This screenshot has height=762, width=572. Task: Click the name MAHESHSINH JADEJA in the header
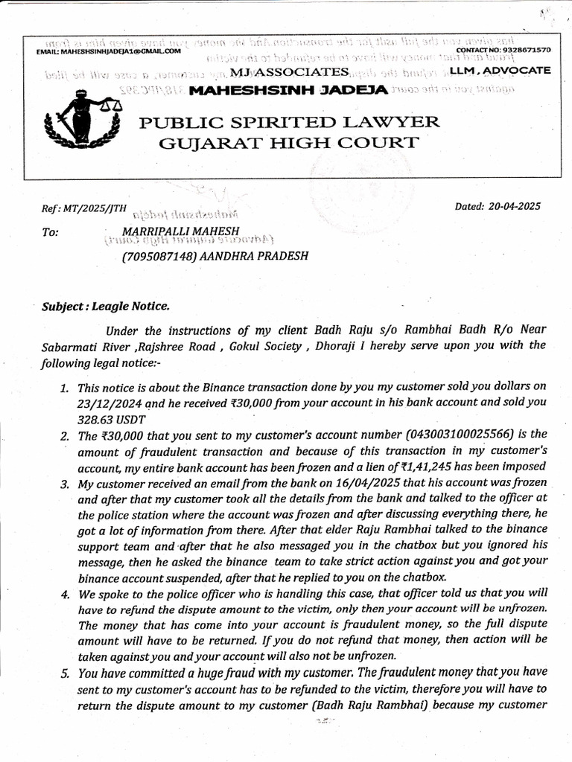(x=288, y=90)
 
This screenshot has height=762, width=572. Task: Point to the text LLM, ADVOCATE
(x=500, y=70)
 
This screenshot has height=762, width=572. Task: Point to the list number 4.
(x=65, y=595)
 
